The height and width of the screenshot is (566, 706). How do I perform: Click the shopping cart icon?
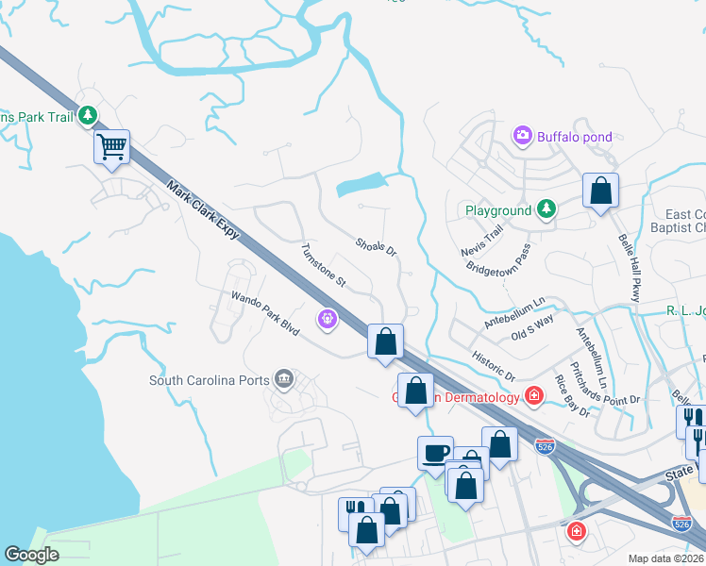click(111, 147)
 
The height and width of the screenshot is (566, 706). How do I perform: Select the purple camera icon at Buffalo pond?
click(523, 137)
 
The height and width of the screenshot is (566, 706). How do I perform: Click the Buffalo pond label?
click(575, 137)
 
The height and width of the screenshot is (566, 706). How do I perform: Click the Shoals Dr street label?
click(376, 246)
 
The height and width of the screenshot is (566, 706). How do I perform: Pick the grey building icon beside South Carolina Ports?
click(283, 381)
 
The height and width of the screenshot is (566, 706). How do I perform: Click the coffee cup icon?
click(435, 453)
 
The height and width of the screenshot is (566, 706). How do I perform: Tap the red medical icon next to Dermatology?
click(534, 395)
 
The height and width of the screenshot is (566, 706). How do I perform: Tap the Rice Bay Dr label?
click(573, 395)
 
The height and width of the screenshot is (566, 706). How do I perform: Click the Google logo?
click(31, 556)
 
